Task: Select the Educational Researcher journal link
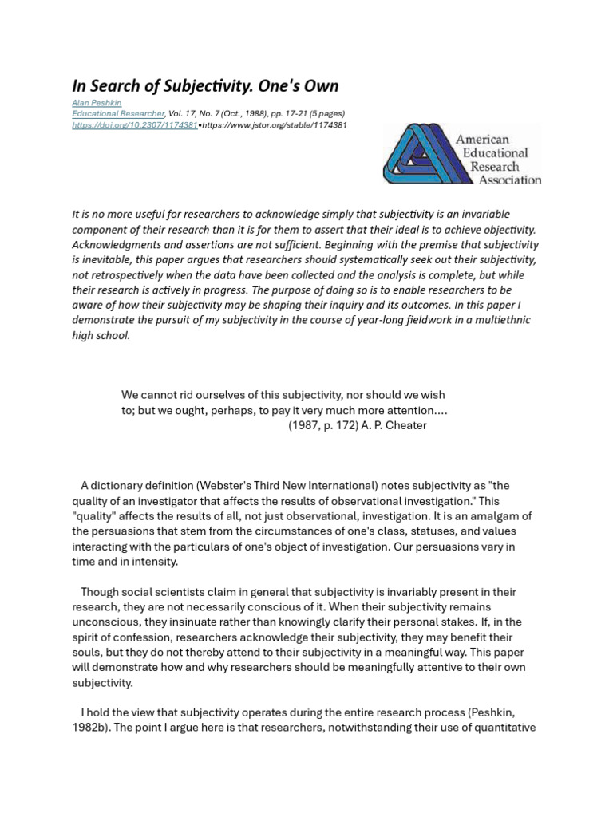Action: (x=117, y=114)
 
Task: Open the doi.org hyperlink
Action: (x=134, y=125)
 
